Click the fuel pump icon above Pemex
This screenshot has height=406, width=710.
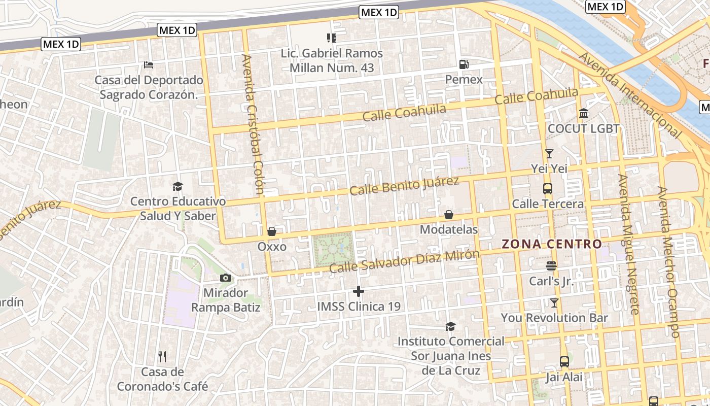tap(464, 64)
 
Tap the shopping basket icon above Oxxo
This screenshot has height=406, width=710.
tap(272, 232)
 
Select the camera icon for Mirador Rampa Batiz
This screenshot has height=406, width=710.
tap(226, 278)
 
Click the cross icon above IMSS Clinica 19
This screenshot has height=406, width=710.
tap(359, 291)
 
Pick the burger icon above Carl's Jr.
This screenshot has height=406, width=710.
tap(551, 265)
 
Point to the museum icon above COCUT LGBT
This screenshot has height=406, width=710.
tap(584, 113)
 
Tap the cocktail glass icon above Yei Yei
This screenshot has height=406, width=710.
tap(549, 153)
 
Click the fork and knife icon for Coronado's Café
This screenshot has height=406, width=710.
tap(162, 357)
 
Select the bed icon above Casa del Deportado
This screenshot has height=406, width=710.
tap(149, 65)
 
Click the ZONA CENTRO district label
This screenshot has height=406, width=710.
tap(552, 244)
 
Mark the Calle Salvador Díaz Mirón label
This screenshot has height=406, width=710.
tap(404, 261)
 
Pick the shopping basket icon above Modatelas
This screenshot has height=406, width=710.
tap(449, 215)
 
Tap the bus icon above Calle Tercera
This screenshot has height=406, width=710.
tap(548, 189)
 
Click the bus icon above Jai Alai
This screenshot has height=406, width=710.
tap(564, 362)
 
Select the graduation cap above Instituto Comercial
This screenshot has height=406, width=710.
tap(450, 326)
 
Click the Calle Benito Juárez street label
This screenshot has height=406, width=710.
tap(404, 186)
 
